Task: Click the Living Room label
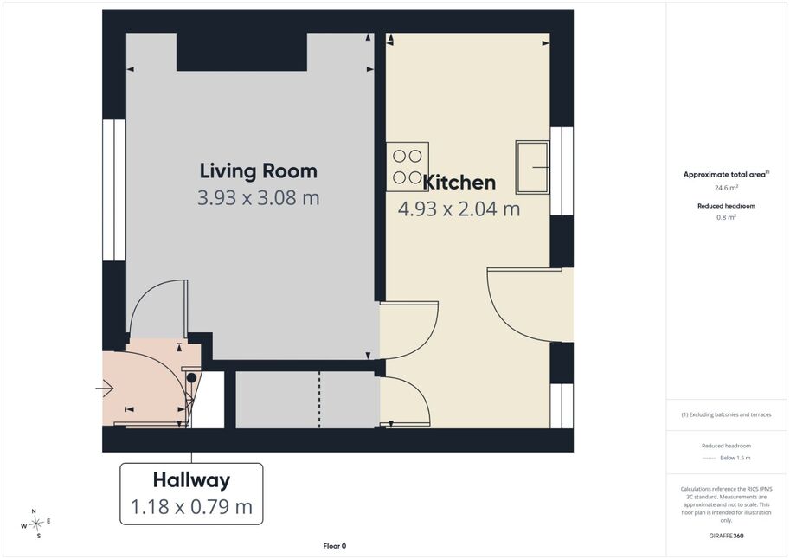259,170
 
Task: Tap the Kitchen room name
459,182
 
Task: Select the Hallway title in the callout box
191,480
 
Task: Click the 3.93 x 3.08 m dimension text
259,197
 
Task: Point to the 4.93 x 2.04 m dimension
459,209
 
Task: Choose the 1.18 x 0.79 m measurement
191,506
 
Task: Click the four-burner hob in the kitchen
408,167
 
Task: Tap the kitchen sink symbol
532,167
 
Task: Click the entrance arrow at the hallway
105,389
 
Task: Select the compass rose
36,524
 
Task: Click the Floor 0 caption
335,546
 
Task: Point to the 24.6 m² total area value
726,188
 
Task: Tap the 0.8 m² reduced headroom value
726,217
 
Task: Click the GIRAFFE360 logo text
726,536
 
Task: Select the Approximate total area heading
726,175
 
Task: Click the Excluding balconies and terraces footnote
726,414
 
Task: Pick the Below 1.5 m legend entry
726,458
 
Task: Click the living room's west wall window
114,190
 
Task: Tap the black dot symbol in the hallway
191,377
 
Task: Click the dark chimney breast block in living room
241,52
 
